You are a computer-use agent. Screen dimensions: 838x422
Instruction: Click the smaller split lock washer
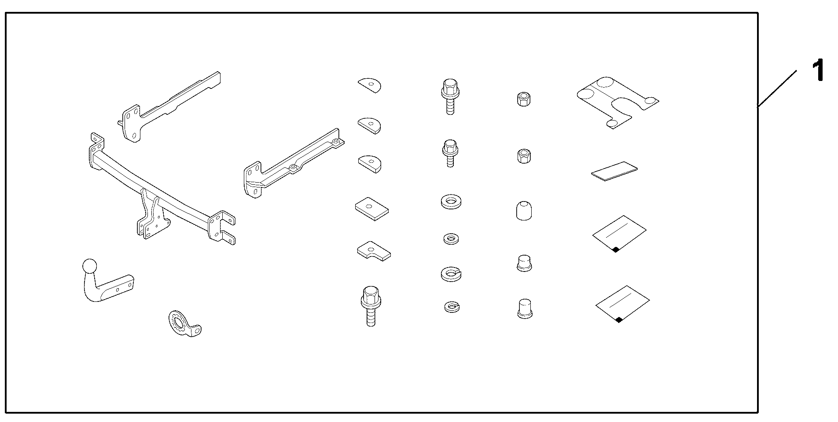point(452,306)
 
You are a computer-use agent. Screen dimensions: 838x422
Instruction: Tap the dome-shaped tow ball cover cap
point(523,210)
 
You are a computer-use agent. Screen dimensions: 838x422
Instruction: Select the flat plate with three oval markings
point(617,103)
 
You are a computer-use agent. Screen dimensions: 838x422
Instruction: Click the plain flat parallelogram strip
point(614,171)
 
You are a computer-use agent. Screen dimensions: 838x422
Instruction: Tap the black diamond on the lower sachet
point(619,320)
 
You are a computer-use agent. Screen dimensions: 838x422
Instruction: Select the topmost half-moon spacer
point(370,85)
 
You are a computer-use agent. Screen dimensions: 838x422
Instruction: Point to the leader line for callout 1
point(777,89)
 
